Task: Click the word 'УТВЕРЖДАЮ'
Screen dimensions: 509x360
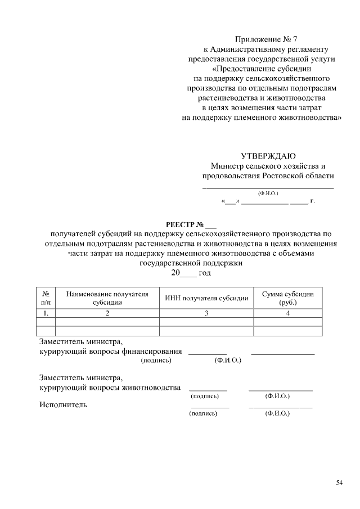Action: pyautogui.click(x=268, y=156)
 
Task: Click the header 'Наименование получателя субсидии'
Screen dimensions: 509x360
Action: pyautogui.click(x=107, y=298)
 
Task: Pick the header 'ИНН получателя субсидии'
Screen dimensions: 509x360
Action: pyautogui.click(x=206, y=298)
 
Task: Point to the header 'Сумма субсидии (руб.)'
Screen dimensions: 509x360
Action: pyautogui.click(x=288, y=298)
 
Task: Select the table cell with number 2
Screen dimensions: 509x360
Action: pyautogui.click(x=107, y=313)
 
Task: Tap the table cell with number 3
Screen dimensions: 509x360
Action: pyautogui.click(x=206, y=313)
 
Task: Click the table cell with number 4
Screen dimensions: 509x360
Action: pyautogui.click(x=288, y=313)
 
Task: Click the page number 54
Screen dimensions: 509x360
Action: pyautogui.click(x=339, y=483)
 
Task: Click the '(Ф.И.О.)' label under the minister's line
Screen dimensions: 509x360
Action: pyautogui.click(x=268, y=193)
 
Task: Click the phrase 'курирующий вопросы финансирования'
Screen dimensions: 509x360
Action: pyautogui.click(x=110, y=351)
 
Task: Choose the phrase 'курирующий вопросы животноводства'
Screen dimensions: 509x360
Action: pyautogui.click(x=110, y=388)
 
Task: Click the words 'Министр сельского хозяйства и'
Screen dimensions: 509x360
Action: pyautogui.click(x=268, y=166)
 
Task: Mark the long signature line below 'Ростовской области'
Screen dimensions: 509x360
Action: pyautogui.click(x=268, y=187)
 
